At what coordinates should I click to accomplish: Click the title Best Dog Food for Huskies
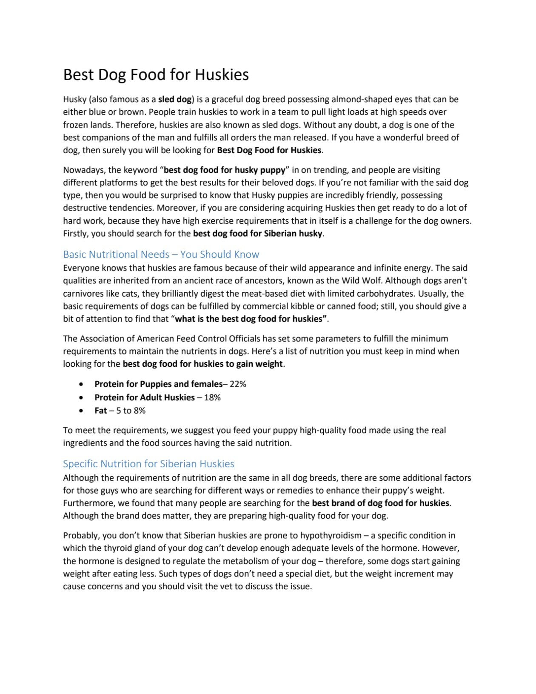156,74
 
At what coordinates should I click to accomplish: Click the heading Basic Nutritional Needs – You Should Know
161,254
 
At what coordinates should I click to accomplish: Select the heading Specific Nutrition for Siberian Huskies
148,464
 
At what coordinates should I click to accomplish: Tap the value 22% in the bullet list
238,384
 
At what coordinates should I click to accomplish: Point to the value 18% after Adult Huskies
212,397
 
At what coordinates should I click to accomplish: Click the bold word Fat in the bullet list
100,411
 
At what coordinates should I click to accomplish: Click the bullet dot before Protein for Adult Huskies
81,397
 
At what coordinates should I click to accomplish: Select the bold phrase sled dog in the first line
175,100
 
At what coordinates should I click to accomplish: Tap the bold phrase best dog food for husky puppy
224,170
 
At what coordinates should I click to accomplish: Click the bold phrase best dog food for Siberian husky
257,234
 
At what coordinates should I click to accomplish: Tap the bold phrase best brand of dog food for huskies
380,503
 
